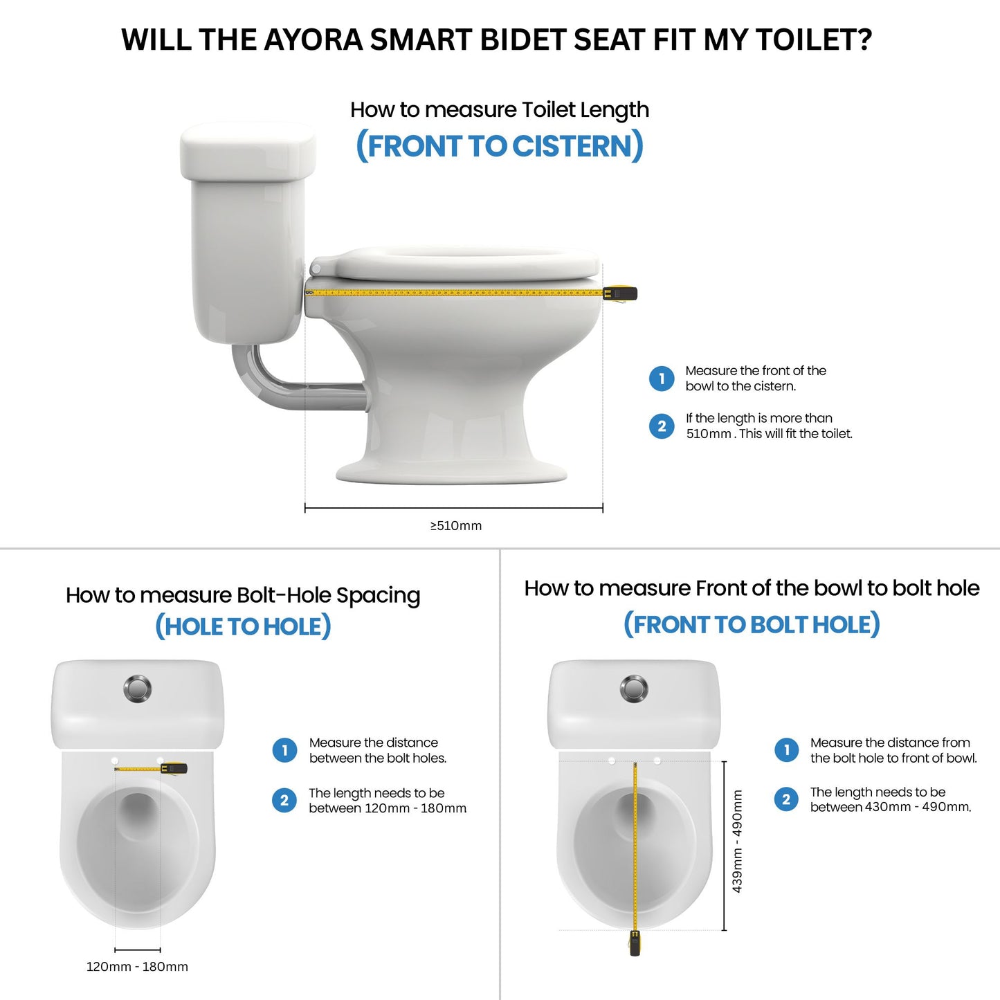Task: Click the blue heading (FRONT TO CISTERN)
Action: (499, 146)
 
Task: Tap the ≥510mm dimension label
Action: (456, 526)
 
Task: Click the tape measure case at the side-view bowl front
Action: (621, 293)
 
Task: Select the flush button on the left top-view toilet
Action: (138, 689)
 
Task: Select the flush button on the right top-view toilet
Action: (634, 689)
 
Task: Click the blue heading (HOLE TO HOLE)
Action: (243, 626)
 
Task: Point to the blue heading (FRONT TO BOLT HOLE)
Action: (752, 624)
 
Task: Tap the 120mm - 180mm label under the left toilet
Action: (137, 967)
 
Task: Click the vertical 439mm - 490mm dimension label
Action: (738, 841)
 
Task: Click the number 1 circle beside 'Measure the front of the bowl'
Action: (662, 379)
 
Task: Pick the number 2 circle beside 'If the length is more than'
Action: (662, 426)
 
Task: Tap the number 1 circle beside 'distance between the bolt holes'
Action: (284, 750)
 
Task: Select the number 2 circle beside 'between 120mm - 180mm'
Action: (284, 801)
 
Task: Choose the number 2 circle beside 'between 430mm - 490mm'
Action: (786, 799)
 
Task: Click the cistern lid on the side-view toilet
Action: (248, 150)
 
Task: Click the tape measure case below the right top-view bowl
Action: (635, 943)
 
